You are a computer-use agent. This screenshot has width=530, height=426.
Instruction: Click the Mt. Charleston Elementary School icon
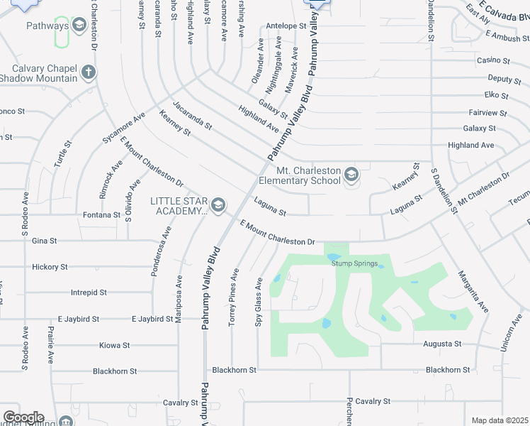pos(351,175)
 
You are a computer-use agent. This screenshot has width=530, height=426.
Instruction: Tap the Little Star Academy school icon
pos(218,206)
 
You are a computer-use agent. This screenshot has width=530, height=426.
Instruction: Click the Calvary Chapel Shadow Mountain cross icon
pos(89,72)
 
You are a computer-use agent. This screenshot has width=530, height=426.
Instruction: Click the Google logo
pos(23,417)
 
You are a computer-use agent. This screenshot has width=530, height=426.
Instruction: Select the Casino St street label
pos(493,60)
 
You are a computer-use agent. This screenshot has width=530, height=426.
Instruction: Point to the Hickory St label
pos(50,267)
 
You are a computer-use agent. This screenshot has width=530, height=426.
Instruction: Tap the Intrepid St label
pos(89,293)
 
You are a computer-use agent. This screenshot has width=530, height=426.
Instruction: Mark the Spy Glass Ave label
pos(259,302)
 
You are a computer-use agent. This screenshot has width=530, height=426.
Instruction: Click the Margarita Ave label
pos(473,291)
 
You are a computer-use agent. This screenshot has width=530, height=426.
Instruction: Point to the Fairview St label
pos(487,113)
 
